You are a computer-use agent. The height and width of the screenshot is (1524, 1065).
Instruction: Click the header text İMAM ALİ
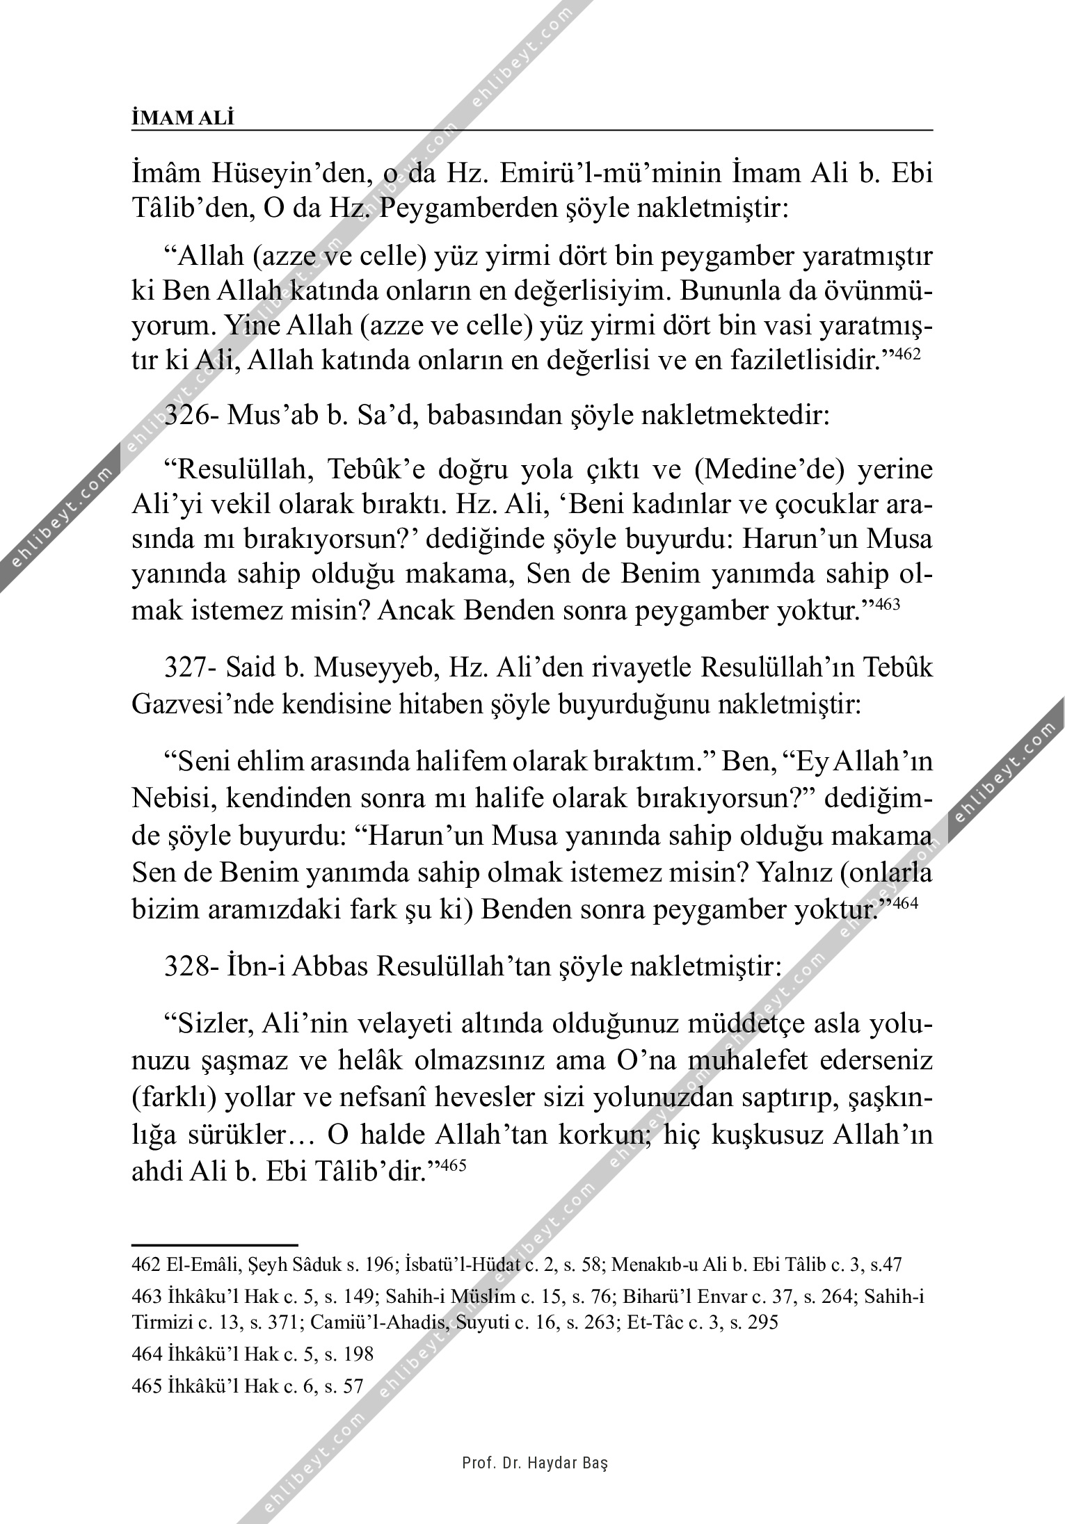[183, 119]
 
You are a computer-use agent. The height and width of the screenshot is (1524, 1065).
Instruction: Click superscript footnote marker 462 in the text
[907, 354]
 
